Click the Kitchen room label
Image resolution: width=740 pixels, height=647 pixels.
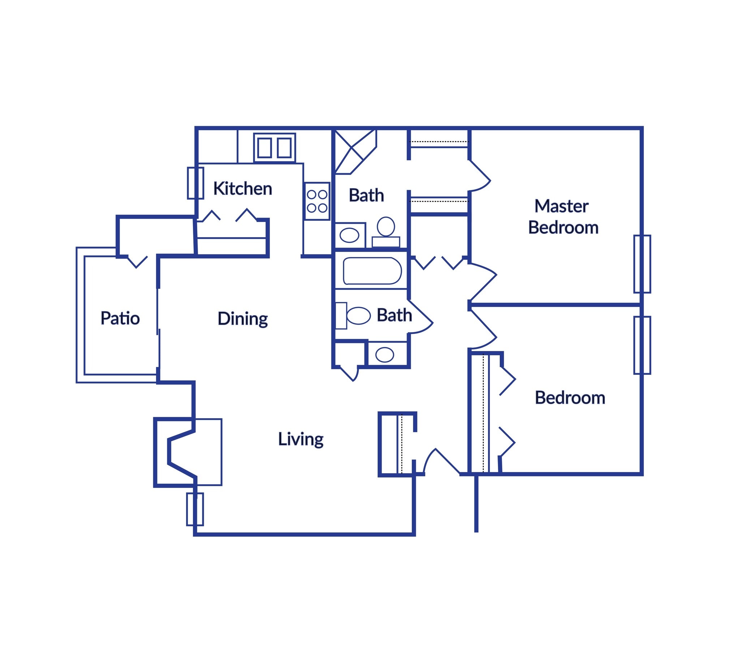[x=242, y=189]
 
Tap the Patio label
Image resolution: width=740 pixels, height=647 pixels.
[x=120, y=318]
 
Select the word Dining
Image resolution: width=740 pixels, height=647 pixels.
[x=242, y=319]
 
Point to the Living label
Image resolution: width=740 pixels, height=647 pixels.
[x=301, y=439]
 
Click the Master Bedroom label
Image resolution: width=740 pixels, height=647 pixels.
[x=563, y=217]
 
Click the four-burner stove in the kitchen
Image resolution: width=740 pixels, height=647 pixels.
[x=317, y=201]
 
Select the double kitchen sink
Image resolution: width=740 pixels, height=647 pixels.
[x=274, y=148]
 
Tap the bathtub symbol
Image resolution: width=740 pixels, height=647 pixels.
[x=372, y=271]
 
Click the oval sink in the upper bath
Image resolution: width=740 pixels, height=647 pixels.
[x=349, y=235]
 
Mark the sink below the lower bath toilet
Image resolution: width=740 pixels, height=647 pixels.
[x=384, y=355]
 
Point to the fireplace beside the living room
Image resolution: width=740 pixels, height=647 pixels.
[x=181, y=452]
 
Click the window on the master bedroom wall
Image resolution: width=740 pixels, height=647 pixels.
[x=642, y=264]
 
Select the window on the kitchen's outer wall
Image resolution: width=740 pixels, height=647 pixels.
[x=195, y=183]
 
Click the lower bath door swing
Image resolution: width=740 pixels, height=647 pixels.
[x=420, y=317]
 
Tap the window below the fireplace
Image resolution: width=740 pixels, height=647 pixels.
[x=195, y=509]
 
